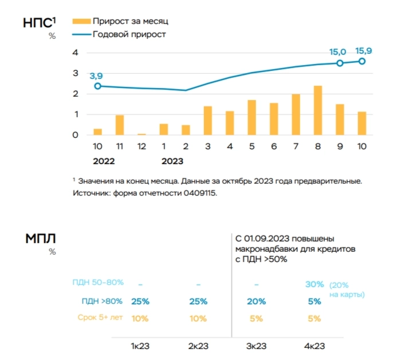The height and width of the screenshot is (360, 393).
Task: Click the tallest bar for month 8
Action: [317, 110]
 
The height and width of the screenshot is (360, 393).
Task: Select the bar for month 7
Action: [296, 114]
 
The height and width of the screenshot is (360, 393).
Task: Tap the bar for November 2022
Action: [119, 125]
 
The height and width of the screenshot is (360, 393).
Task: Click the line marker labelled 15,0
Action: [340, 63]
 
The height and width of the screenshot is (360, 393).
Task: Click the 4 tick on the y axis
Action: [74, 53]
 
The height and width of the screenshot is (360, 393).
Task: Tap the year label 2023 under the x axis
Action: [172, 161]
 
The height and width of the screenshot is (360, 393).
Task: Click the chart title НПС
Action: [39, 23]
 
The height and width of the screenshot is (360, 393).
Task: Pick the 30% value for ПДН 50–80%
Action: [314, 284]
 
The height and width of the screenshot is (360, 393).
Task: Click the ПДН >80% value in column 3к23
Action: [256, 302]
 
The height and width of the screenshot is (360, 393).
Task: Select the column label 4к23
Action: [314, 346]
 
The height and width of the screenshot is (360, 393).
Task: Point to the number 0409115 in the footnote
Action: [200, 193]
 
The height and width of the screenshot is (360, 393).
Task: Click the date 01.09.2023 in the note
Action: [268, 238]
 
